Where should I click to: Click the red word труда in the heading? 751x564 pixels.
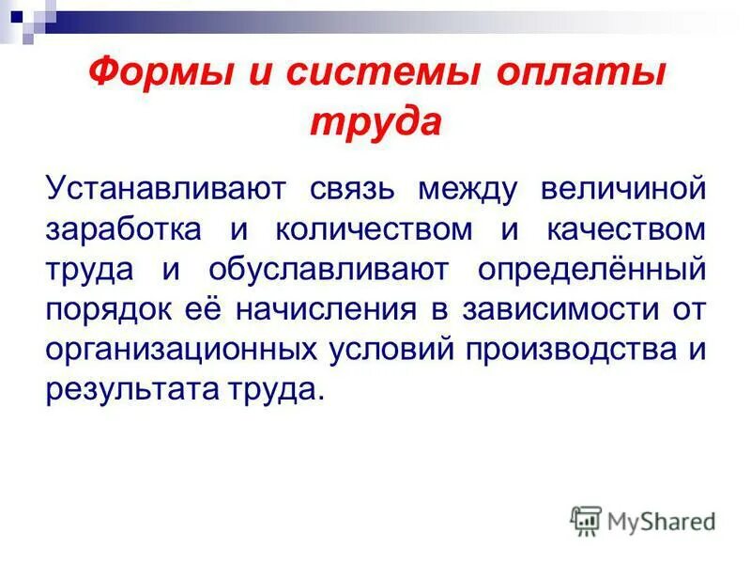(375, 122)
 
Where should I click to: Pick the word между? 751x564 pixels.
(467, 189)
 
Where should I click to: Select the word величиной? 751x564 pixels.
(622, 189)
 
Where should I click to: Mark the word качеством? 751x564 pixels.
(622, 230)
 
